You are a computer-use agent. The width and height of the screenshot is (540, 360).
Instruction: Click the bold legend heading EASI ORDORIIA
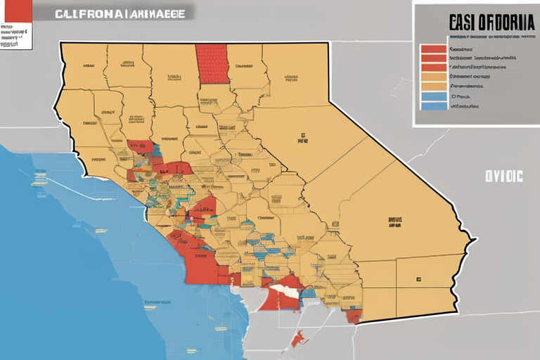[484, 22]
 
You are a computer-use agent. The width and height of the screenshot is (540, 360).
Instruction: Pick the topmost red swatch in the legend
[433, 49]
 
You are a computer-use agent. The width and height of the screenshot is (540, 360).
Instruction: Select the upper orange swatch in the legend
[433, 77]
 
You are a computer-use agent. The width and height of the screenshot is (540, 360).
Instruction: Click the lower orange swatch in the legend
[433, 87]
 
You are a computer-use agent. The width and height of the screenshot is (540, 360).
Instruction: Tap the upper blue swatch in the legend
[433, 97]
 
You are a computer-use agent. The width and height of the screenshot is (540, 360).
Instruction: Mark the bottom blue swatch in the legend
[433, 106]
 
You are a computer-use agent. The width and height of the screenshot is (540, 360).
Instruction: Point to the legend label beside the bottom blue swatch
[464, 106]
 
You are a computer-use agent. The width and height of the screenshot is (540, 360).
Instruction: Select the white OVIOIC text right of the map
[503, 176]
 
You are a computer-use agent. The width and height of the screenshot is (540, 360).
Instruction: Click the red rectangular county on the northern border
[212, 64]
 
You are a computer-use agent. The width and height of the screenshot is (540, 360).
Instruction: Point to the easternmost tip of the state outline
[476, 240]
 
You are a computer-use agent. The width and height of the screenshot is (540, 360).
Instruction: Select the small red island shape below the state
[298, 340]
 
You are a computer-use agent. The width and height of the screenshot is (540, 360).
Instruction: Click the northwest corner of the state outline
[61, 44]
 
